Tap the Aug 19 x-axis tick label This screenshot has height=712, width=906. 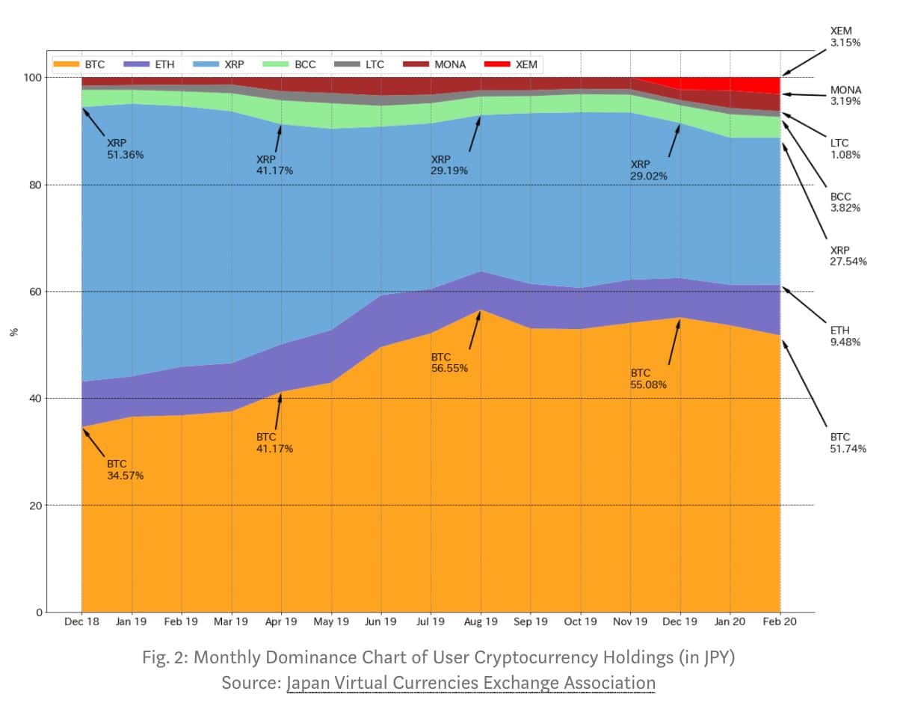coord(481,622)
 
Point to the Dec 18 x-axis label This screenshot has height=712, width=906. coord(81,622)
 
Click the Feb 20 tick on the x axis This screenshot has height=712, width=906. coord(780,622)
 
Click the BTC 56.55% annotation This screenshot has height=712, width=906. coord(449,362)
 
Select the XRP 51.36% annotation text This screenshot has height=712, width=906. coord(126,149)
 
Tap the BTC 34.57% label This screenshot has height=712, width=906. coord(126,470)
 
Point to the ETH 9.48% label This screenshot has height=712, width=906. coord(845,336)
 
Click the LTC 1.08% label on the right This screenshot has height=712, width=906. coord(845,149)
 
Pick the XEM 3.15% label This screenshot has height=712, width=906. coord(845,37)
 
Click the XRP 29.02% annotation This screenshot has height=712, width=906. coord(649,170)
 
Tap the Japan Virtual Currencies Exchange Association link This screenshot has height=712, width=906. coord(471,683)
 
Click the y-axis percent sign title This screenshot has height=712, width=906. coord(13,333)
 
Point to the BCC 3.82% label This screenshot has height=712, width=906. coord(845,203)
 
